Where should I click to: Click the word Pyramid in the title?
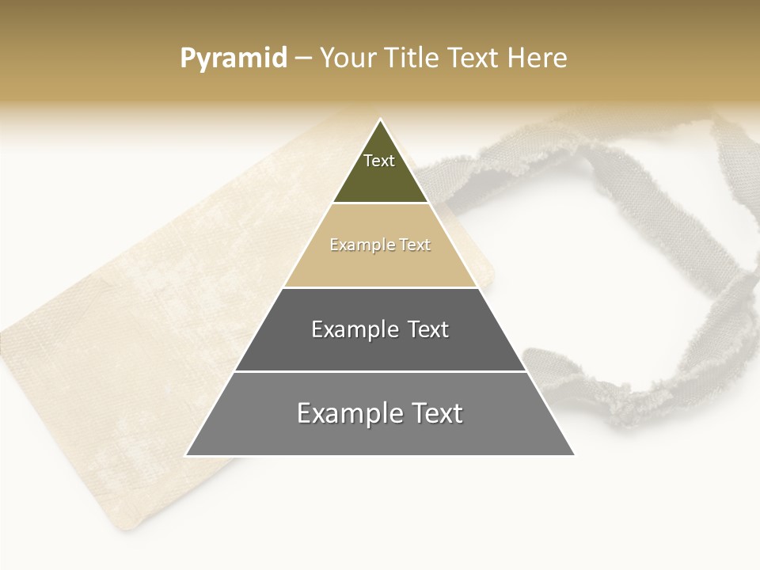pos(234,59)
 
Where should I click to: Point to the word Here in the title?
pos(538,59)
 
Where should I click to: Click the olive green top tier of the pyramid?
pos(380,178)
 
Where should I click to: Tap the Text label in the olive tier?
pos(379,161)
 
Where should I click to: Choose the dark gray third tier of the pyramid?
pos(380,348)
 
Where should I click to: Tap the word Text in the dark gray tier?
pos(429,329)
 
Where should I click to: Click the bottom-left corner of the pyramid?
pos(188,454)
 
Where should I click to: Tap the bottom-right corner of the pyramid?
pos(573,454)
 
